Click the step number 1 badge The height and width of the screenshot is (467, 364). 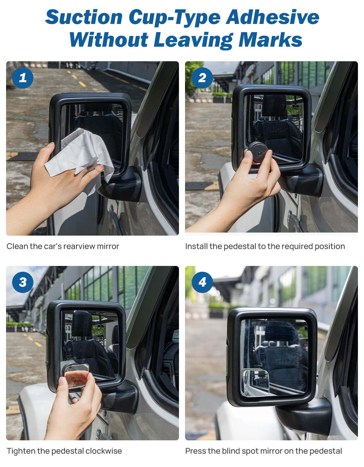click(23, 78)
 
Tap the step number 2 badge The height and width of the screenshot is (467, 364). click(202, 78)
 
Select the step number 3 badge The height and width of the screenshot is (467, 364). click(23, 282)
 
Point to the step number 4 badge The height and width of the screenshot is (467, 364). click(202, 282)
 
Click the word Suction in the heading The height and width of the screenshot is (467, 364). click(84, 17)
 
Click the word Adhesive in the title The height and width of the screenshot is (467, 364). click(272, 17)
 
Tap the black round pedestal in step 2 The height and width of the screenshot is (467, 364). click(258, 152)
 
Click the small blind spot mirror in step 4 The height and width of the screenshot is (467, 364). click(256, 382)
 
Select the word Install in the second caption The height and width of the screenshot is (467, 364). click(196, 246)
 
